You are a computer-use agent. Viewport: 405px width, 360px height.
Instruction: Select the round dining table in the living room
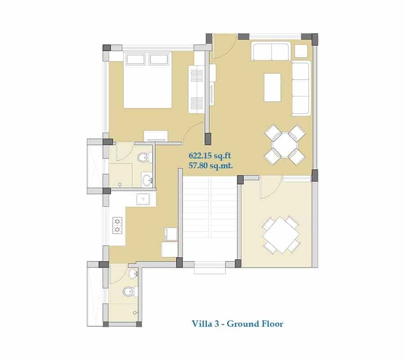point(284,144)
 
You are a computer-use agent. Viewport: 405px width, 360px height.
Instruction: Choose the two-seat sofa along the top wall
point(271,51)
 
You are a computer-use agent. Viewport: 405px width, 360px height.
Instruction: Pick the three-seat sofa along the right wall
point(301,88)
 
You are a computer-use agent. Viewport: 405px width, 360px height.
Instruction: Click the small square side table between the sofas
point(301,51)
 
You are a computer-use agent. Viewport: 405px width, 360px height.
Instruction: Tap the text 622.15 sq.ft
point(210,156)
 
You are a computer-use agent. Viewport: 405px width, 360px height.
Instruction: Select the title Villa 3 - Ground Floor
point(238,324)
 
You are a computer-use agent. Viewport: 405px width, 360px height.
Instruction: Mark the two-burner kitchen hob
point(118,225)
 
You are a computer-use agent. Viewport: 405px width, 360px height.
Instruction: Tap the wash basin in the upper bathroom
point(147,180)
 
